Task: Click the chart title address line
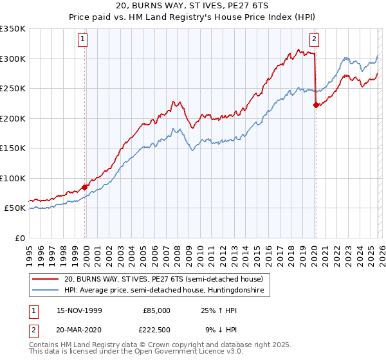click(x=193, y=7)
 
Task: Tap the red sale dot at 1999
click(x=85, y=187)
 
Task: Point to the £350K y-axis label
click(x=13, y=29)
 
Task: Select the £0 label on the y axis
click(x=19, y=238)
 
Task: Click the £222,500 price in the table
click(x=155, y=328)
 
